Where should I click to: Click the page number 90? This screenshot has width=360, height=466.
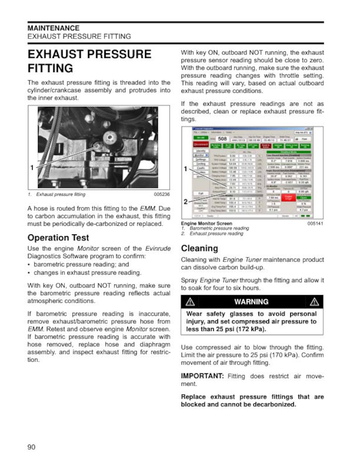tap(31, 447)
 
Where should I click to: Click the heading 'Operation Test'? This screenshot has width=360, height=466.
tap(58, 238)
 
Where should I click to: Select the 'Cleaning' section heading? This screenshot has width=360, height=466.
tap(199, 248)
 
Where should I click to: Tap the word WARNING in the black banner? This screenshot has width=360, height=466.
tap(251, 302)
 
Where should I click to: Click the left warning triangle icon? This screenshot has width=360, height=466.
tap(190, 302)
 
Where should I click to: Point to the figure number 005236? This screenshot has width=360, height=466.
tap(162, 194)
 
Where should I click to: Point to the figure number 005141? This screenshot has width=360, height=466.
tap(315, 224)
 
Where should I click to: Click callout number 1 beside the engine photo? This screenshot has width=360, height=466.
tap(32, 168)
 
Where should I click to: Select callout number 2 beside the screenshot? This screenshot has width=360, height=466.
tap(185, 202)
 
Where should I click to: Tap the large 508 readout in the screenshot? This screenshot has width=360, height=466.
tap(222, 139)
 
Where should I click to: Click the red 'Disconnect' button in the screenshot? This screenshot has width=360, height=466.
tap(200, 144)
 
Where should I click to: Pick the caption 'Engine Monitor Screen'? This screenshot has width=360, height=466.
tap(206, 224)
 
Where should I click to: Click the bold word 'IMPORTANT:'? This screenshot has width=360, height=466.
tap(202, 376)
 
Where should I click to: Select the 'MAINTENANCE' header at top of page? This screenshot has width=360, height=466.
tap(54, 28)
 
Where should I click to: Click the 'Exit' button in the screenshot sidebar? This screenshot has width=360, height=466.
tap(200, 193)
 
